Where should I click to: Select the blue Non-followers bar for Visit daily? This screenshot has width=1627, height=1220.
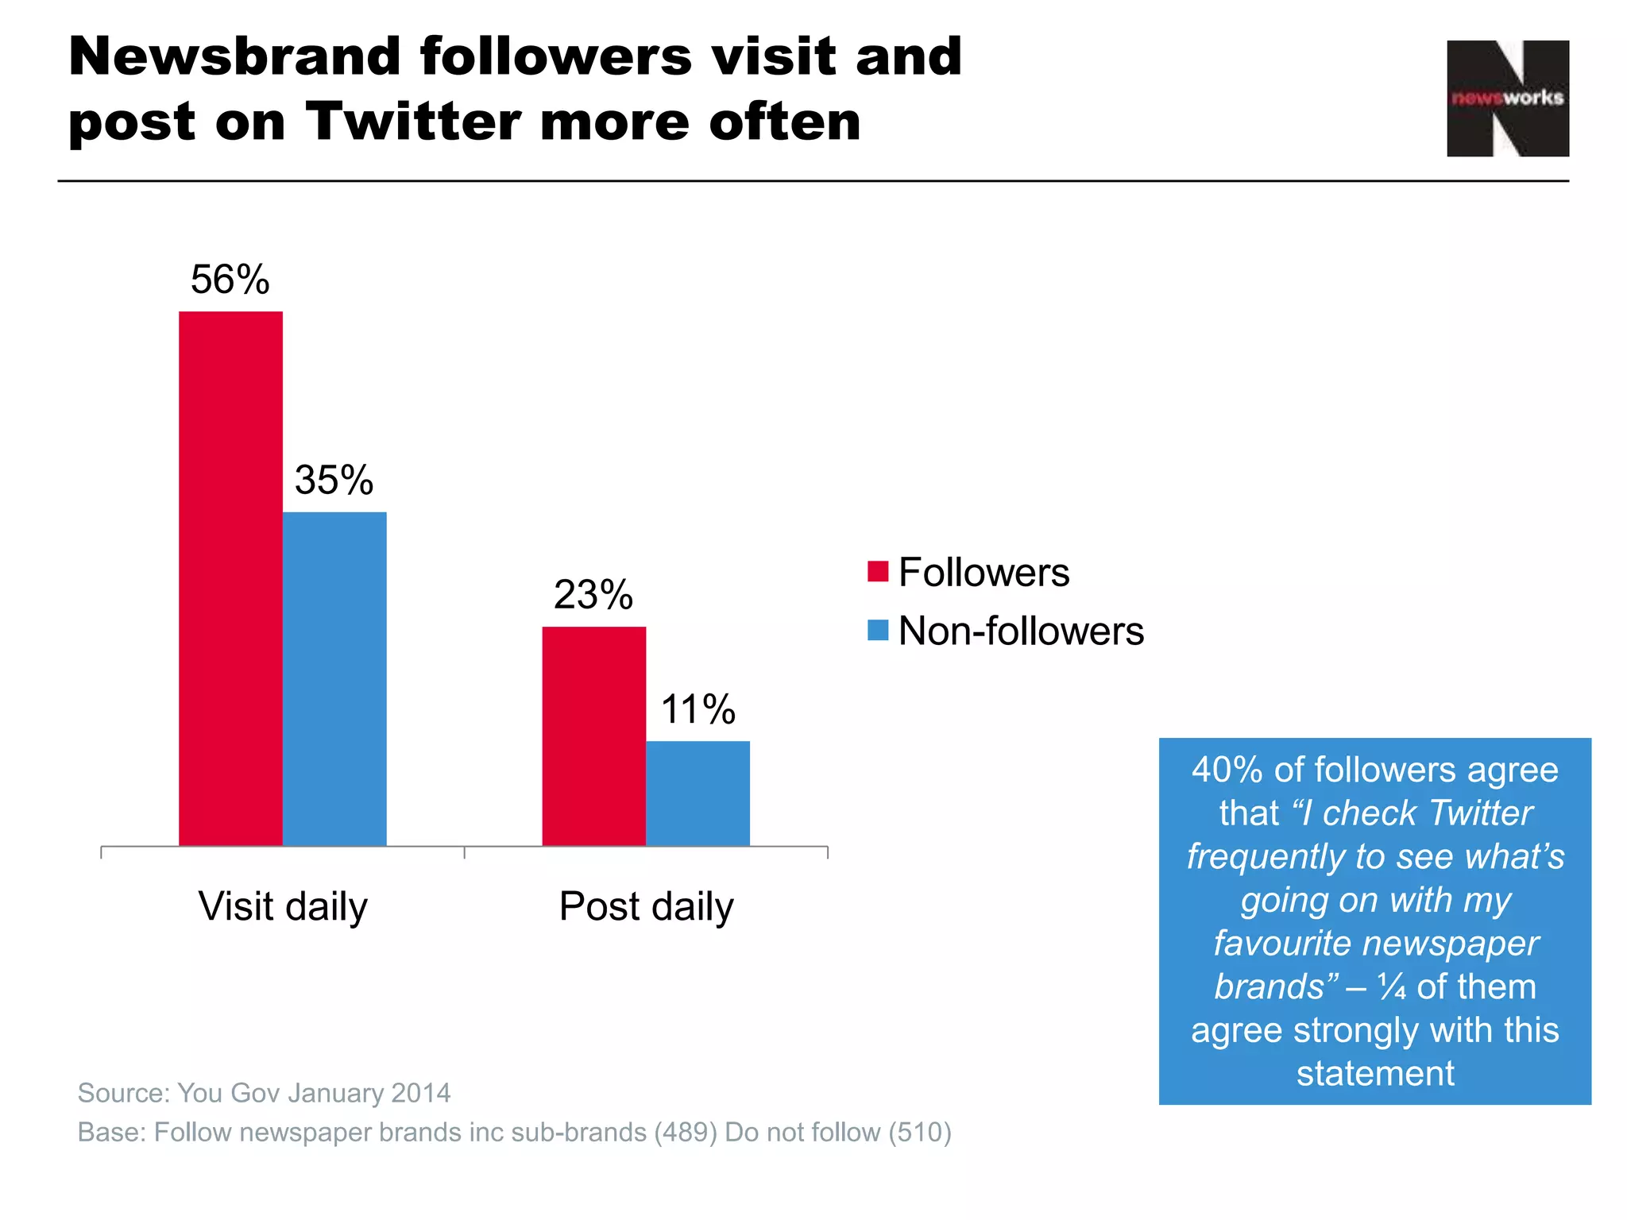tap(334, 678)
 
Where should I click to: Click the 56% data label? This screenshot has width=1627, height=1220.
tap(230, 280)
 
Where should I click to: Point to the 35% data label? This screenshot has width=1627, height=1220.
tap(334, 480)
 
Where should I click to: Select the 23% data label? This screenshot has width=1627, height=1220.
tap(593, 595)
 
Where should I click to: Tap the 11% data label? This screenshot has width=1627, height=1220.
tap(698, 709)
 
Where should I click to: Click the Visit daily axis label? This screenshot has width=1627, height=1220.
tap(283, 906)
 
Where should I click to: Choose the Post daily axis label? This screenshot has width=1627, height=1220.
tap(646, 906)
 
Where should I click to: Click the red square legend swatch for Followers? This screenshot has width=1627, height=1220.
tap(877, 572)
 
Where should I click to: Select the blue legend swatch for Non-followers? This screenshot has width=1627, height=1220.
tap(877, 631)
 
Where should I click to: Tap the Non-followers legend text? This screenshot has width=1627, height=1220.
tap(1021, 631)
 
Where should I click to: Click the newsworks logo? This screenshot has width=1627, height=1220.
tap(1507, 98)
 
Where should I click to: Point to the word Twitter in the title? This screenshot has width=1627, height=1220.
tap(411, 122)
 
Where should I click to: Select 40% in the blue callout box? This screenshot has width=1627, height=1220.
tap(1227, 770)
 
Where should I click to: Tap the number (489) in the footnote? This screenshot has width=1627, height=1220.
tap(686, 1132)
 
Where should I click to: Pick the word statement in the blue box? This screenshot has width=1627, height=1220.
tap(1375, 1073)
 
